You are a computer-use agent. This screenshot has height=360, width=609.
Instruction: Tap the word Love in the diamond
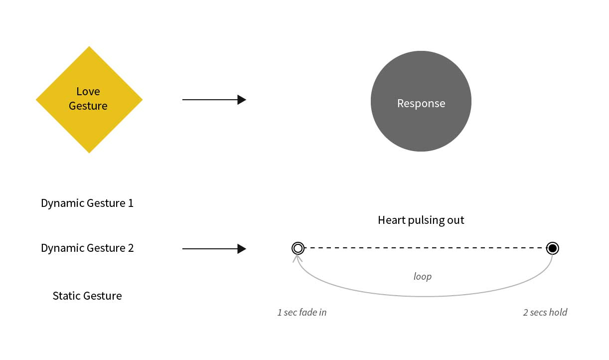tap(88, 92)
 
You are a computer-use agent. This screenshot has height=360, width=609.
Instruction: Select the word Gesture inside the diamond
tap(88, 106)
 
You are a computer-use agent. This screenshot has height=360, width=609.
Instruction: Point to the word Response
tap(421, 103)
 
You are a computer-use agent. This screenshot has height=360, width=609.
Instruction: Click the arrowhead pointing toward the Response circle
tap(242, 100)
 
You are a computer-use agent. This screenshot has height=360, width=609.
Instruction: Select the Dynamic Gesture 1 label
tap(87, 203)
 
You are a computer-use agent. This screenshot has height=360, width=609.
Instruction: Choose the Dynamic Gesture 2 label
tap(87, 248)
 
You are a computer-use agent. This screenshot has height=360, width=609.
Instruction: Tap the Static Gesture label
tap(87, 296)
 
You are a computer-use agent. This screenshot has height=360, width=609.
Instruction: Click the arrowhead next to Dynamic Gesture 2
tap(242, 249)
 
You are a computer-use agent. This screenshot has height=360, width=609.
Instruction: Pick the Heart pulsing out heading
tap(421, 220)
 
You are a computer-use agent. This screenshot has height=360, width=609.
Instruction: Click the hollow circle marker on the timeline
tap(298, 248)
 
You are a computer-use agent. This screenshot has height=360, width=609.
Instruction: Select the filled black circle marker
tap(552, 248)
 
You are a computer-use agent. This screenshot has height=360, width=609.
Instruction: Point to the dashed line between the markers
tap(424, 248)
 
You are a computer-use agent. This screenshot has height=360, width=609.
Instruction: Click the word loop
tap(423, 276)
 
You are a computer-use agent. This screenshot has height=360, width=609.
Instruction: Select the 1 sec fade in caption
tap(302, 313)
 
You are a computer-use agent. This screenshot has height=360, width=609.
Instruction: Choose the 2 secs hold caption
tap(545, 313)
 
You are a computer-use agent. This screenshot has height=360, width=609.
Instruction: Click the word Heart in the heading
tap(390, 220)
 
